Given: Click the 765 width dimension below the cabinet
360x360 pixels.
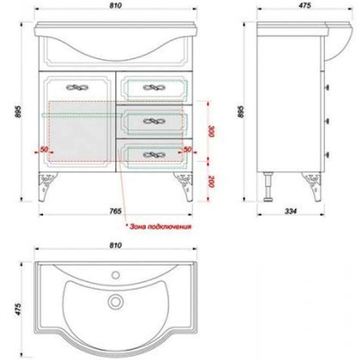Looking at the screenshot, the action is pyautogui.click(x=115, y=211).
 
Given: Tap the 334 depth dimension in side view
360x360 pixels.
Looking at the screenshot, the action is pyautogui.click(x=291, y=211).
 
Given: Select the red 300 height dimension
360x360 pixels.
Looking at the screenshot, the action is pyautogui.click(x=211, y=131).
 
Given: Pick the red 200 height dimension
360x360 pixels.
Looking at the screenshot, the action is pyautogui.click(x=211, y=182).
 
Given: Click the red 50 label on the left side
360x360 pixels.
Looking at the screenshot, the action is pyautogui.click(x=44, y=149).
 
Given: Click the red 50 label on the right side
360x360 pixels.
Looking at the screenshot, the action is pyautogui.click(x=187, y=149).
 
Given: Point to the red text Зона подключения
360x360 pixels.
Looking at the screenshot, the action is pyautogui.click(x=158, y=227).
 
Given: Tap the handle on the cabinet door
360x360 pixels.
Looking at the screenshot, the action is pyautogui.click(x=76, y=87).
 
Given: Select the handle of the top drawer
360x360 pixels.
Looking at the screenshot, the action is pyautogui.click(x=154, y=87).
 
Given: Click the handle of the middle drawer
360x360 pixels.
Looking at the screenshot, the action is pyautogui.click(x=154, y=121).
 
